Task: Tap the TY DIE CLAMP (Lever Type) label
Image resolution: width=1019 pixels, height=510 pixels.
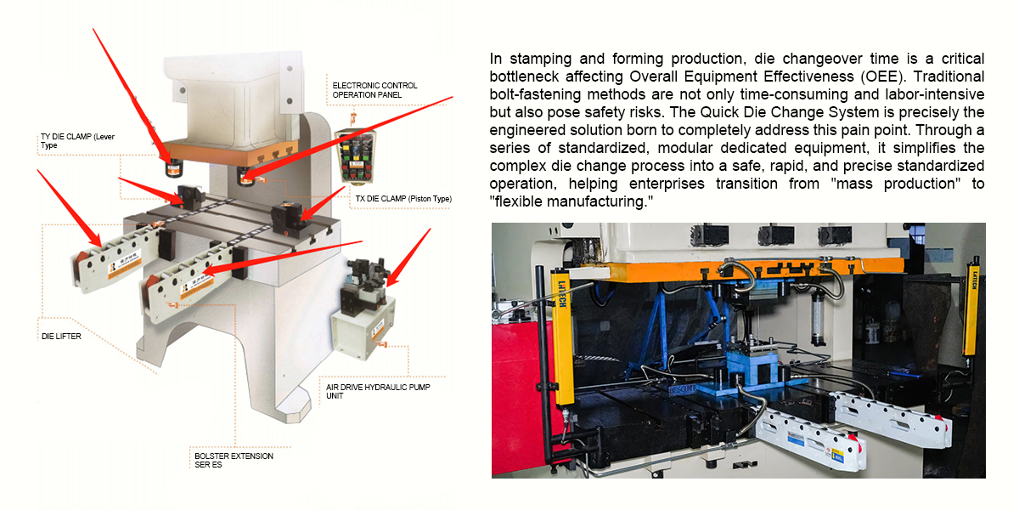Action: [76, 141]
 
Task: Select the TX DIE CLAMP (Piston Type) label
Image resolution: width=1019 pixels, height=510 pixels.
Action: [403, 199]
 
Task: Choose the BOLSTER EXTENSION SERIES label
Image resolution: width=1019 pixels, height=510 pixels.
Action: [234, 461]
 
